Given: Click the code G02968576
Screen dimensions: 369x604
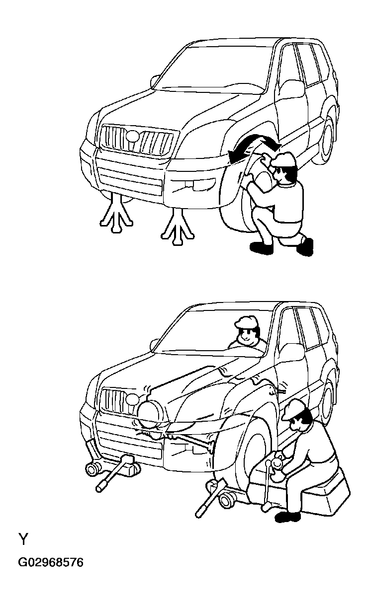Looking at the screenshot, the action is (x=51, y=563).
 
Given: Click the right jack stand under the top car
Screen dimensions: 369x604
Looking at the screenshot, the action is (x=178, y=226).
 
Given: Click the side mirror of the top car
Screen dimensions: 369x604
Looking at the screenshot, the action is (x=155, y=81).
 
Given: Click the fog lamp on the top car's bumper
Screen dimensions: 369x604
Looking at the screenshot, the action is (x=194, y=184).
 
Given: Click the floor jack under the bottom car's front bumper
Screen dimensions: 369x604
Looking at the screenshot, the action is (x=113, y=468).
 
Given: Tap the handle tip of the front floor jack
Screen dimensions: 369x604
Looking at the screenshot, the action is (x=100, y=489).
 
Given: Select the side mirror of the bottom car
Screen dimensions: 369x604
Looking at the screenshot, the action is (x=154, y=345).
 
